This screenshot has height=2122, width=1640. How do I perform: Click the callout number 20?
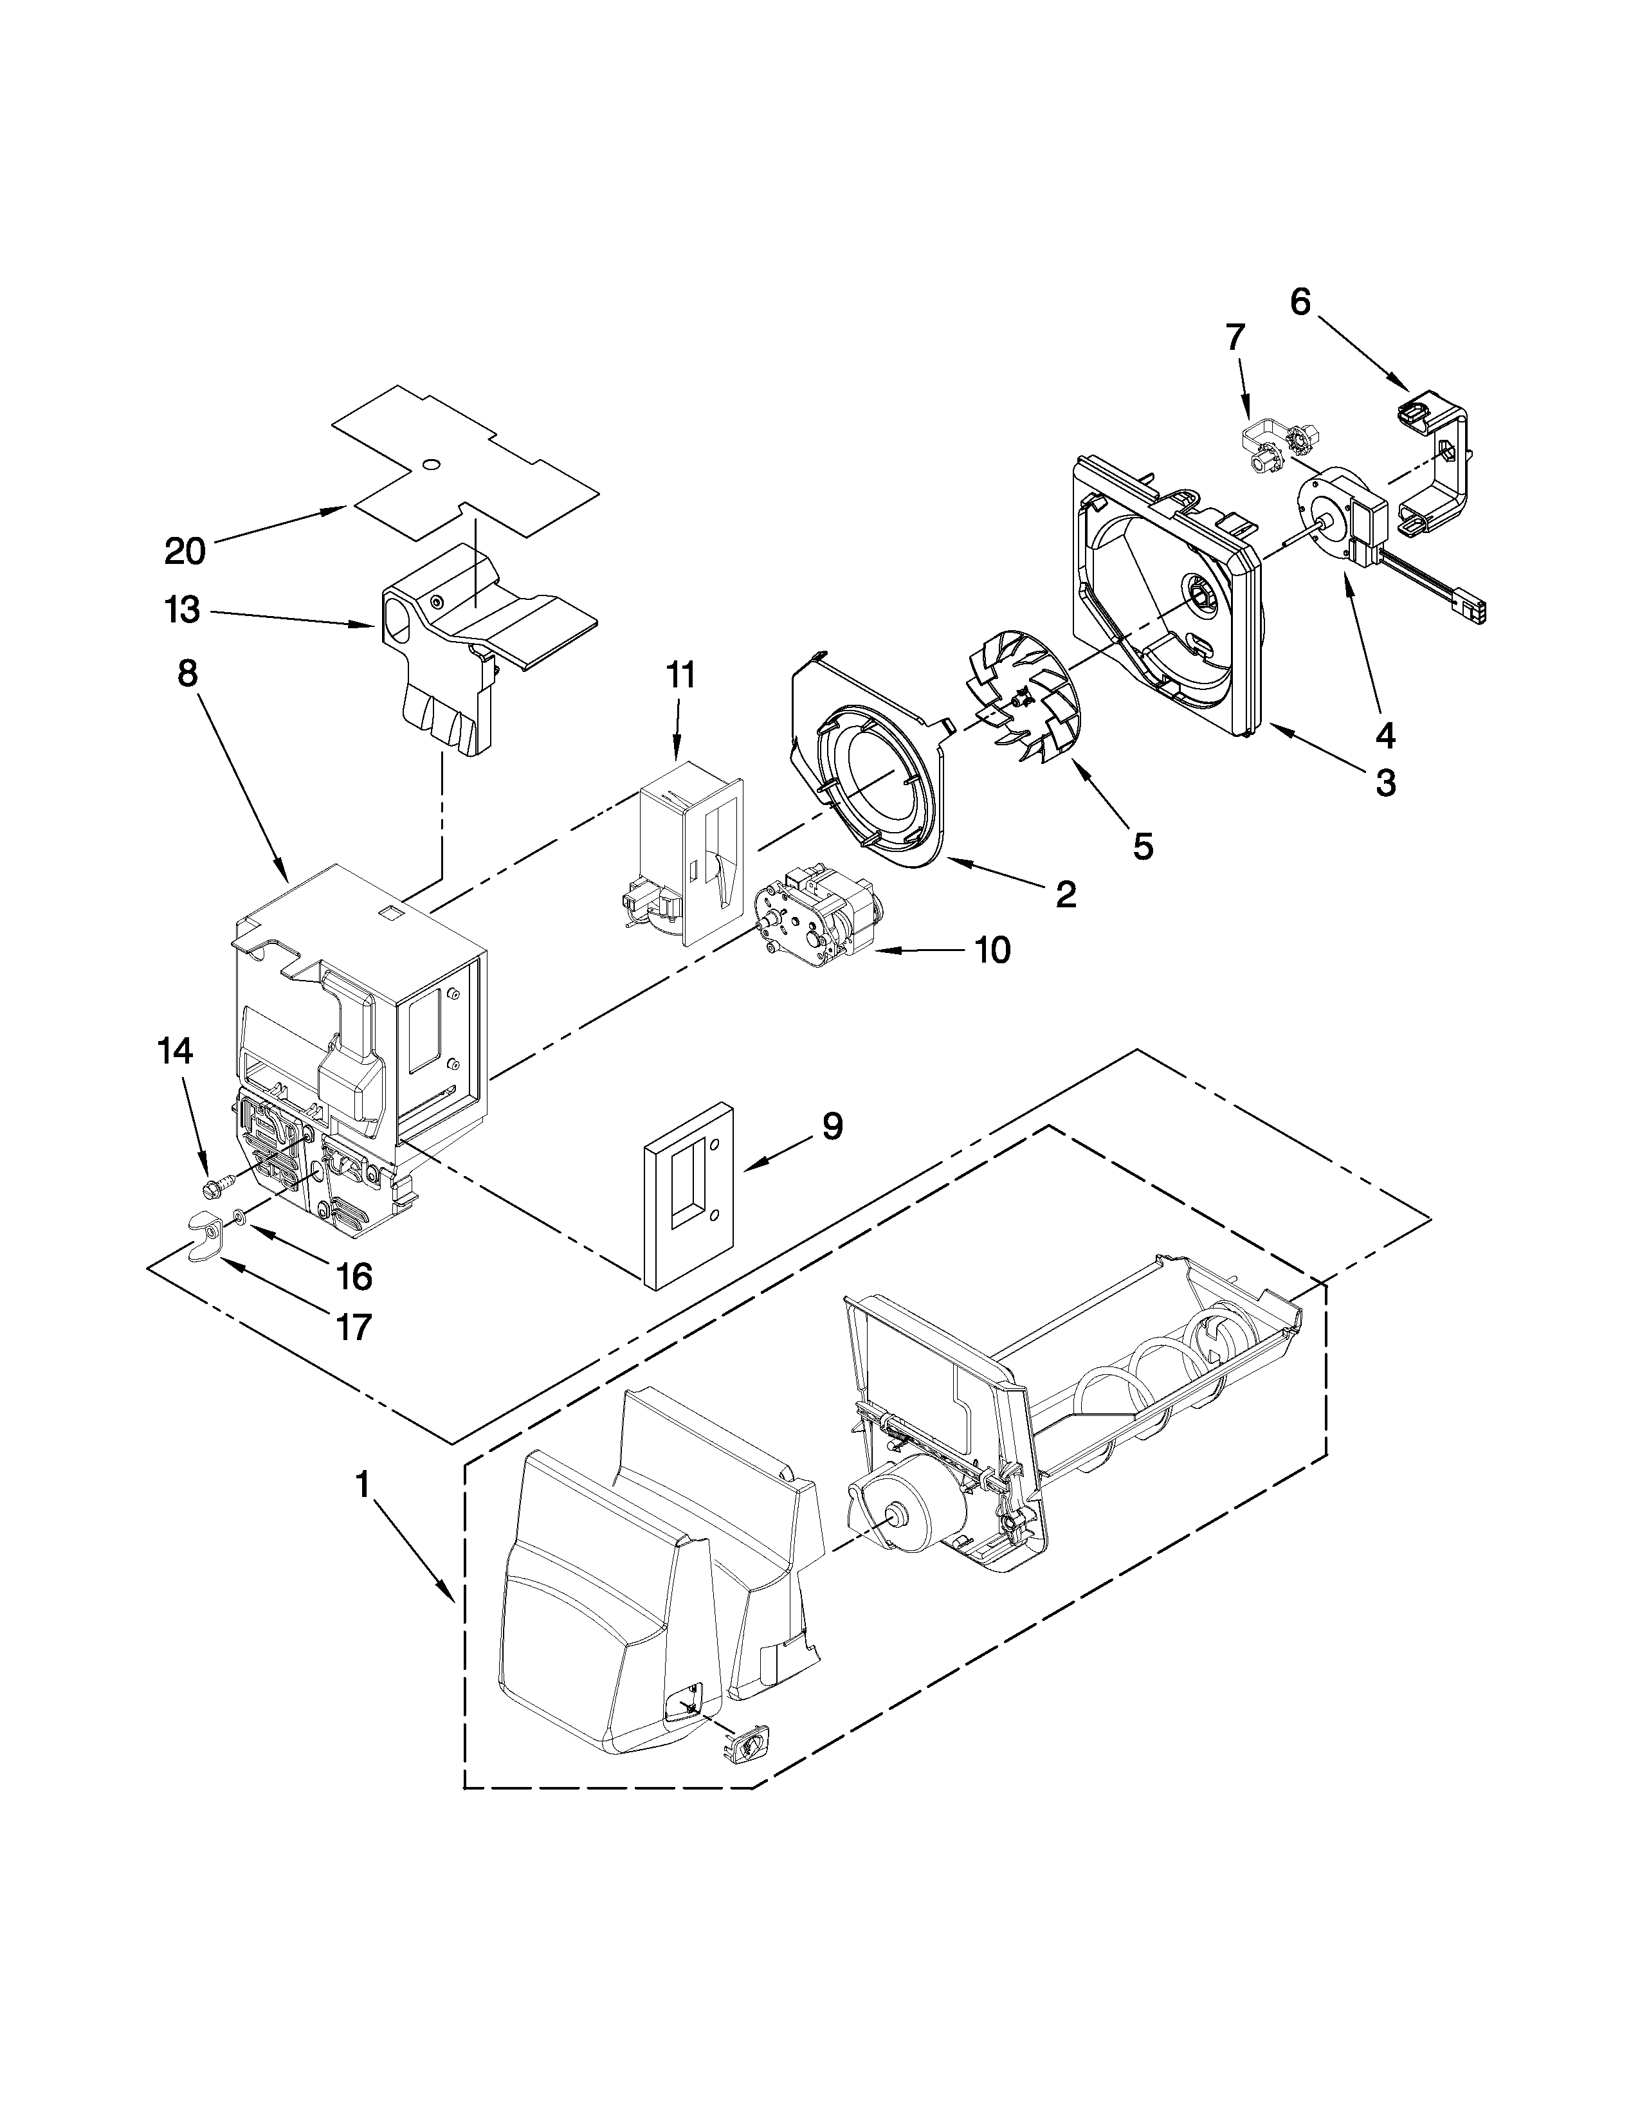coord(185,551)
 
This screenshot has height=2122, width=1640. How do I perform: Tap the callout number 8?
coord(188,673)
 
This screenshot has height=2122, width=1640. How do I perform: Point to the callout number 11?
coord(680,675)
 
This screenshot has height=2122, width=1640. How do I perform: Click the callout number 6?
coord(1300,302)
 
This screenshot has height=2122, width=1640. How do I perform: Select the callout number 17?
coord(354,1326)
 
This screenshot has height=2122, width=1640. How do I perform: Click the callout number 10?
coord(992,950)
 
